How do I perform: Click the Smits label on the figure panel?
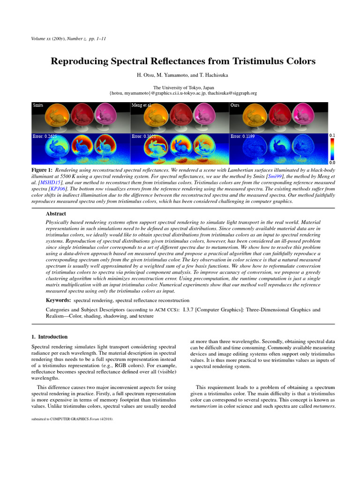(x=38, y=105)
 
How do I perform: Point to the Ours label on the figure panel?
(x=235, y=105)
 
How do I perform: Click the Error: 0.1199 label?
(x=242, y=136)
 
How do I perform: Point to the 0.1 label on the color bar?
(x=332, y=135)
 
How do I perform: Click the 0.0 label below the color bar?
(x=332, y=162)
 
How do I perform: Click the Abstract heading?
(x=56, y=213)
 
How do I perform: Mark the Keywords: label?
(x=58, y=300)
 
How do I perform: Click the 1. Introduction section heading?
(x=49, y=337)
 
